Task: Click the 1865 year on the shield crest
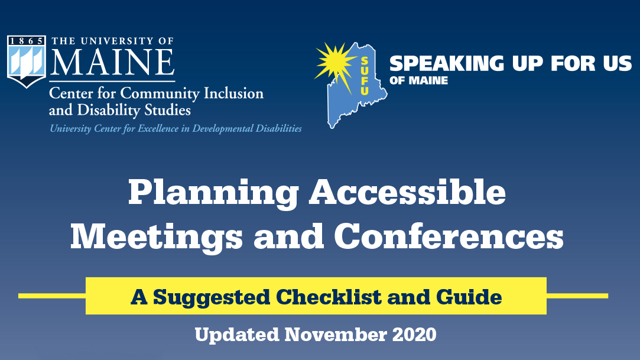click(26, 41)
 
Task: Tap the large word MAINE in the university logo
click(113, 62)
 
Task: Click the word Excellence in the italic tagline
click(158, 129)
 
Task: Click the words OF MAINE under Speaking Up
click(419, 80)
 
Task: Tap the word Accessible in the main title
click(407, 192)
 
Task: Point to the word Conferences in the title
click(449, 236)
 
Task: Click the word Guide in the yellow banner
click(469, 297)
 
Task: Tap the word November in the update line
click(336, 335)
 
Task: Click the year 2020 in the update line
click(414, 335)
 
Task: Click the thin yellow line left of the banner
click(52, 296)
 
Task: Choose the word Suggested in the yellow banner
click(212, 297)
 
